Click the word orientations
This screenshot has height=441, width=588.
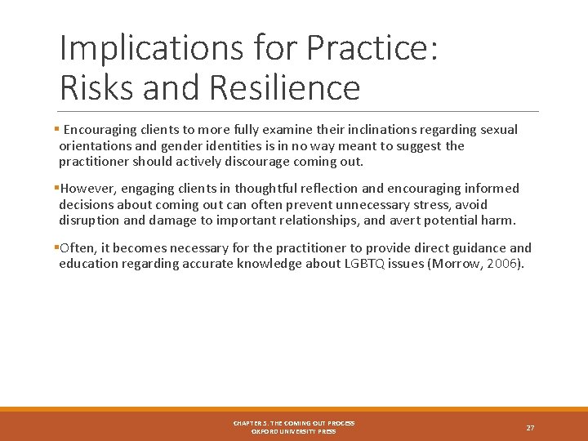click(x=95, y=145)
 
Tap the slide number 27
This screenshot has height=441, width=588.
click(x=530, y=428)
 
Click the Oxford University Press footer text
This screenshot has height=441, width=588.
click(x=293, y=431)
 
